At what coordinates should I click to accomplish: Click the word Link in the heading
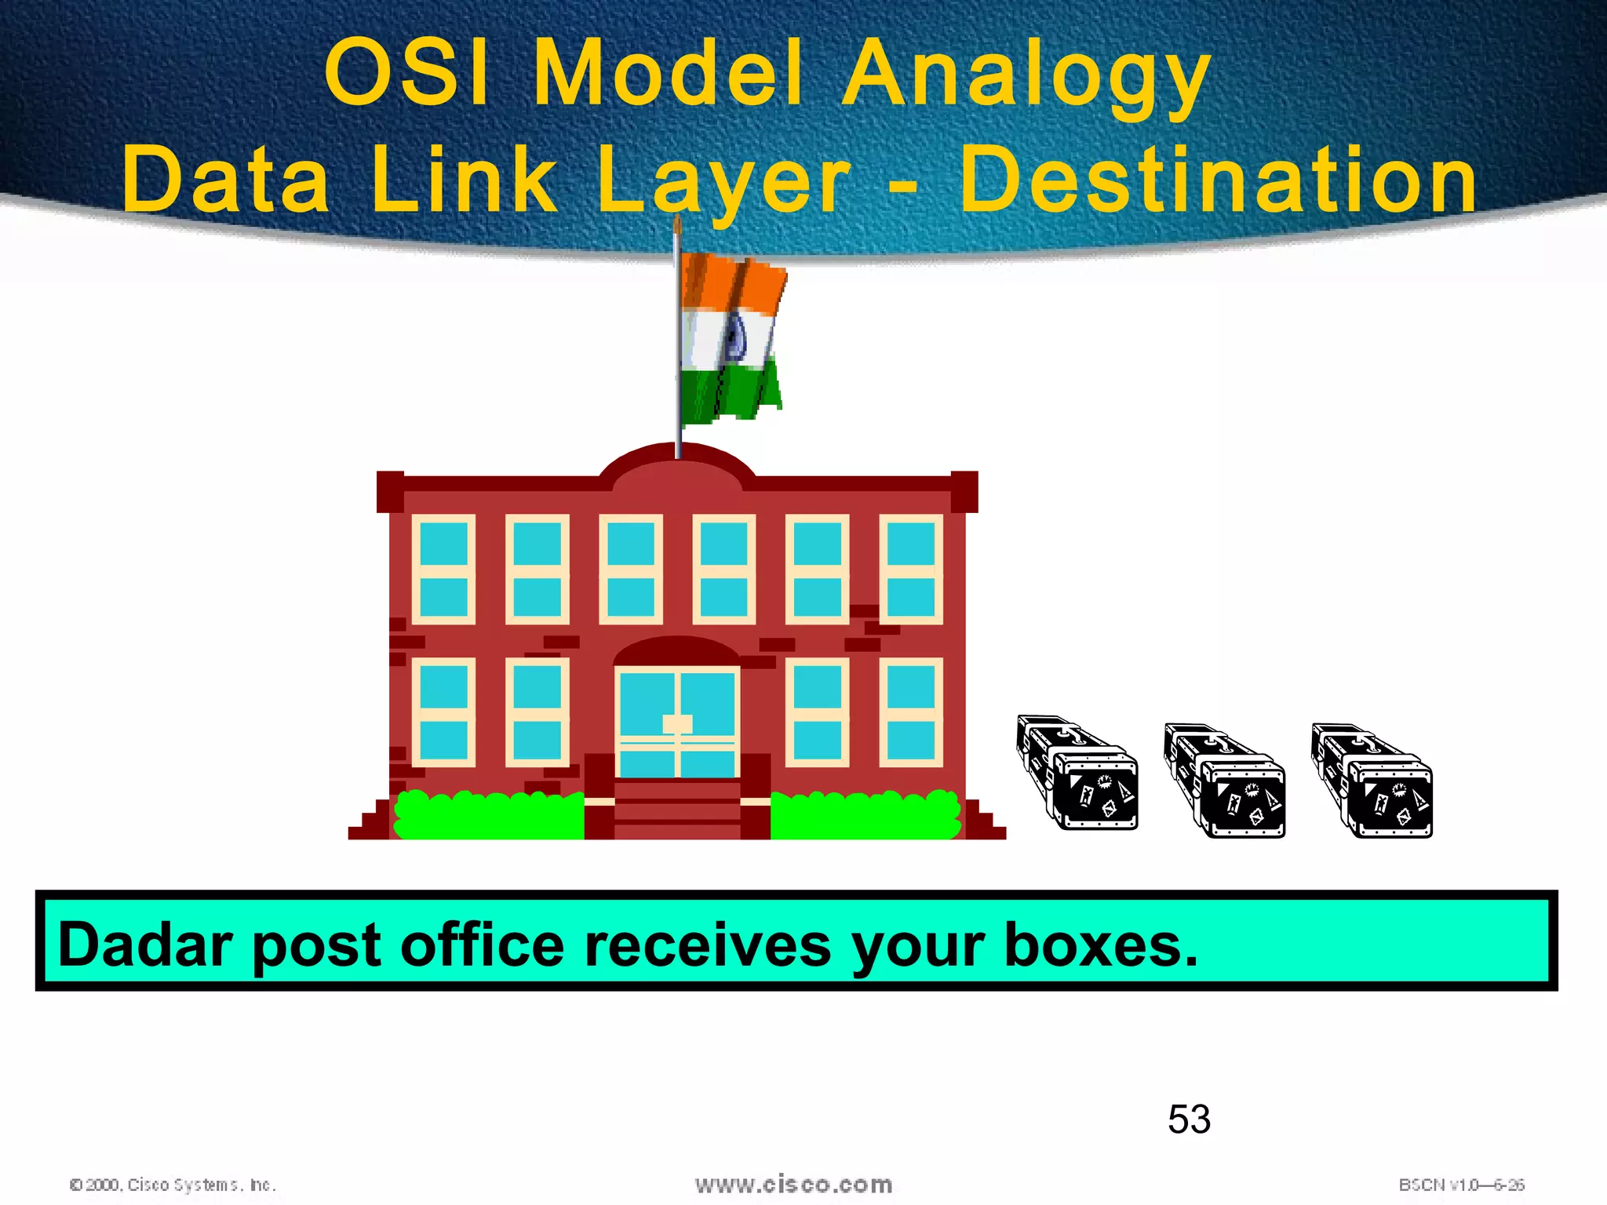463,180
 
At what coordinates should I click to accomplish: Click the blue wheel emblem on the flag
735,339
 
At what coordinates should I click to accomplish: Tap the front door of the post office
677,722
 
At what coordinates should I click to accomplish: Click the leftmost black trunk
1077,773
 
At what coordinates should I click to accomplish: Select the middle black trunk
1224,781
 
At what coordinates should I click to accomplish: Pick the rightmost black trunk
1372,781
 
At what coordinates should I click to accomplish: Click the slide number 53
1189,1119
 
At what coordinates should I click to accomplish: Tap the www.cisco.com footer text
793,1184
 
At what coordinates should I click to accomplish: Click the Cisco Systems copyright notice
173,1185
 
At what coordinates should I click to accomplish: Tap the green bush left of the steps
488,816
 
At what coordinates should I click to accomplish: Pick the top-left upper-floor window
443,569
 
